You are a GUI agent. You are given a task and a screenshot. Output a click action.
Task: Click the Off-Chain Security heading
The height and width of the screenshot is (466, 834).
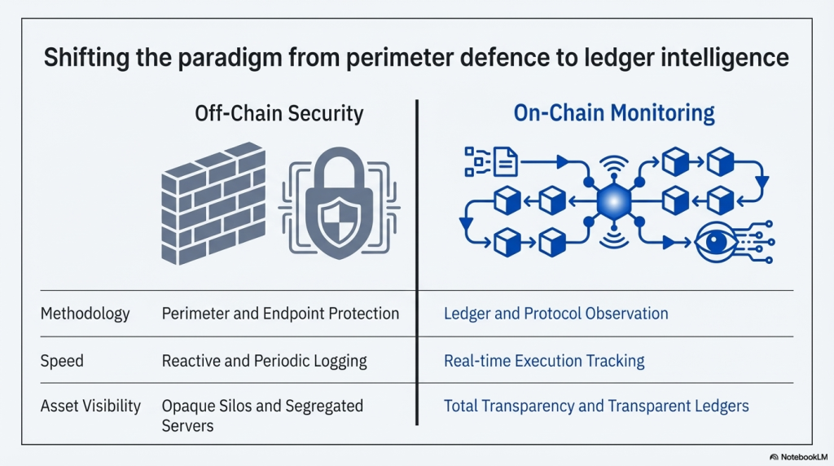click(279, 112)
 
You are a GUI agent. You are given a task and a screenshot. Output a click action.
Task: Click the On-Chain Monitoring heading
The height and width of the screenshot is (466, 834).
click(614, 112)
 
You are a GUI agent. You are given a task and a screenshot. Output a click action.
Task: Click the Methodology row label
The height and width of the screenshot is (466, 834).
click(85, 314)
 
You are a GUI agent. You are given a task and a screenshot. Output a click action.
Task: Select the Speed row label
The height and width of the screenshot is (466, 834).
click(62, 360)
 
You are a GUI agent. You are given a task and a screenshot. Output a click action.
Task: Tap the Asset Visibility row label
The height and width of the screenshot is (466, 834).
click(90, 406)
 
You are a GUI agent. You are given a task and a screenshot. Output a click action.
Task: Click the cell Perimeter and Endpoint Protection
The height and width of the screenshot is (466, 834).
click(280, 314)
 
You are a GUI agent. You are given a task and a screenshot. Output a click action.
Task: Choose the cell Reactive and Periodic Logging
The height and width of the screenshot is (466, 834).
click(265, 360)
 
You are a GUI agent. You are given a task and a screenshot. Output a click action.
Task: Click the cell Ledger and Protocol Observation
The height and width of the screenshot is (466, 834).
click(555, 314)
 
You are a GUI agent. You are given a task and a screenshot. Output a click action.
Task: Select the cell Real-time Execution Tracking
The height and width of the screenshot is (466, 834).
click(544, 360)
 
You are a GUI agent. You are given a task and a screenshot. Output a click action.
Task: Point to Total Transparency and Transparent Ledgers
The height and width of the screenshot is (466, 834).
click(596, 406)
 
